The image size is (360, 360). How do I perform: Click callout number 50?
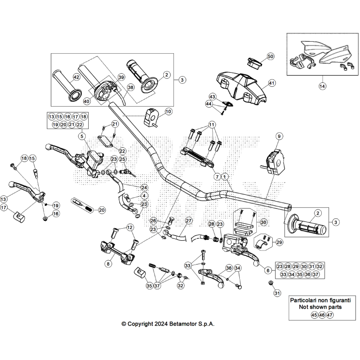pyautogui.click(x=270, y=56)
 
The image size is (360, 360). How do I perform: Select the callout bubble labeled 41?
pyautogui.click(x=272, y=83)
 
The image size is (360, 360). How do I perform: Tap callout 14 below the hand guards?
pyautogui.click(x=322, y=86)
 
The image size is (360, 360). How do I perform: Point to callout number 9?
pyautogui.click(x=279, y=137)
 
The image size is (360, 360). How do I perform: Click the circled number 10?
pyautogui.click(x=168, y=111)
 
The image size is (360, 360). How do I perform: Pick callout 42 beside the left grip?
pyautogui.click(x=76, y=77)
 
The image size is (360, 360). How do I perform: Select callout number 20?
pyautogui.click(x=101, y=210)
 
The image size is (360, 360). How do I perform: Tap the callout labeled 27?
pyautogui.click(x=188, y=220)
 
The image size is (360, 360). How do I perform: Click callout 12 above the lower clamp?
pyautogui.click(x=129, y=227)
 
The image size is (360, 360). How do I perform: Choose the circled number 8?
pyautogui.click(x=108, y=264)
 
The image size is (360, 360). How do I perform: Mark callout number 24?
pyautogui.click(x=144, y=188)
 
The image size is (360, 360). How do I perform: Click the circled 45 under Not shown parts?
pyautogui.click(x=314, y=315)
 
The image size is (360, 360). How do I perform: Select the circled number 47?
pyautogui.click(x=330, y=315)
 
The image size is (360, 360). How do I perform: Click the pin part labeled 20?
pyautogui.click(x=83, y=203)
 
